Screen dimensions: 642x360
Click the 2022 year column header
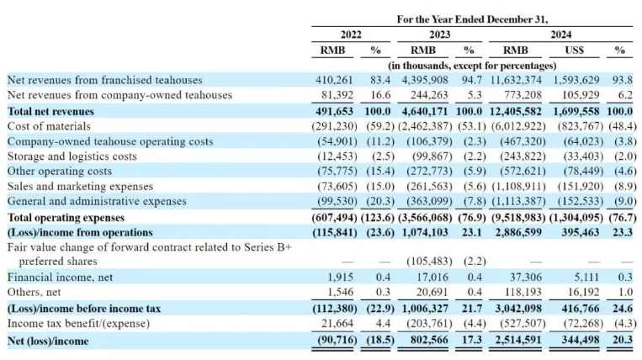[351, 34]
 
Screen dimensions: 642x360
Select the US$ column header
[574, 50]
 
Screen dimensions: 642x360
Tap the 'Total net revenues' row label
[50, 111]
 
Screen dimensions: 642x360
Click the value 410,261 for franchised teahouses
[334, 80]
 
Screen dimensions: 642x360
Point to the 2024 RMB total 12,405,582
[516, 111]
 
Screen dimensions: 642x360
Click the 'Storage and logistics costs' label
[72, 156]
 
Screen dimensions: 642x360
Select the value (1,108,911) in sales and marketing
[519, 186]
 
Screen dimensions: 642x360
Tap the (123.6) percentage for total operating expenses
[378, 217]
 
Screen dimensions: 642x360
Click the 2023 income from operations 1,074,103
[426, 232]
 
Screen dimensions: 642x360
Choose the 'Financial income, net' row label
[60, 277]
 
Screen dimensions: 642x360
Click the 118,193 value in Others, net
[526, 292]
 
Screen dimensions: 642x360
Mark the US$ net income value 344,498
[581, 340]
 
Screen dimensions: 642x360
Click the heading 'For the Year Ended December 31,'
[472, 19]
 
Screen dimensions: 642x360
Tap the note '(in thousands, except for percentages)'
[472, 66]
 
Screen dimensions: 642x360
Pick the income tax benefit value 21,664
[337, 323]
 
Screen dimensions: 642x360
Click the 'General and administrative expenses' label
[97, 201]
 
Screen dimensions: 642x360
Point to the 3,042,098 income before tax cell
[518, 308]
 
